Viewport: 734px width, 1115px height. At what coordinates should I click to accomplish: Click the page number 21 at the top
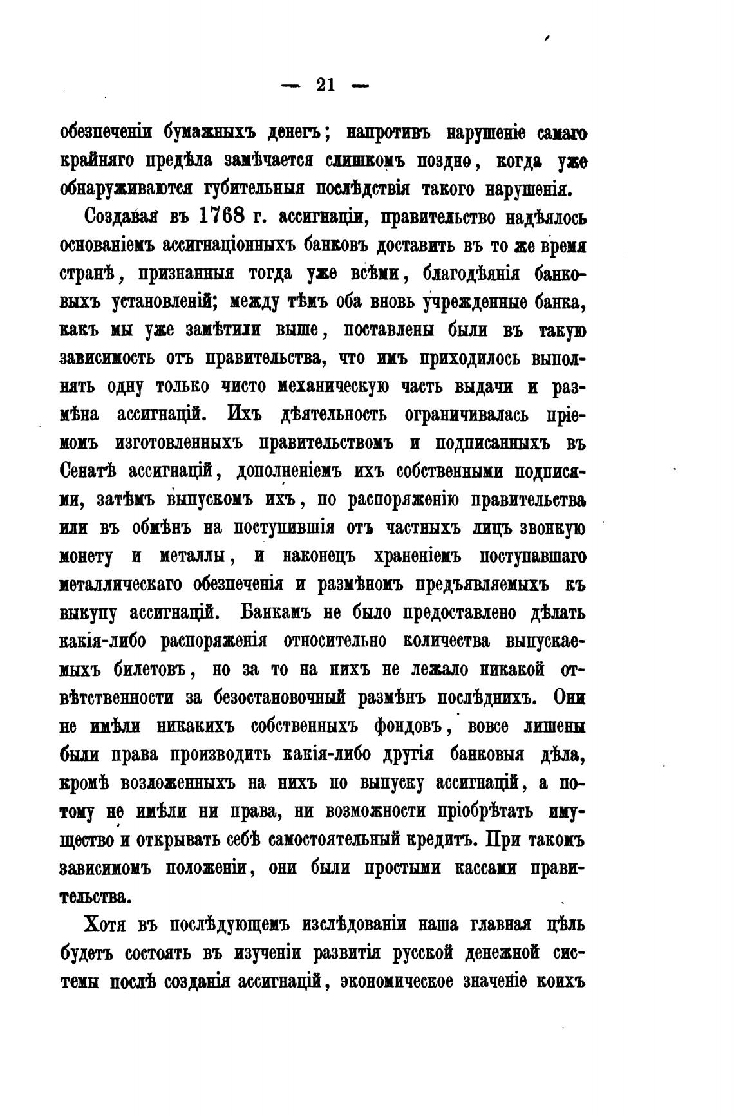325,85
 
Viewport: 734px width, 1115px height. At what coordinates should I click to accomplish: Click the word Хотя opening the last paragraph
106,925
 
